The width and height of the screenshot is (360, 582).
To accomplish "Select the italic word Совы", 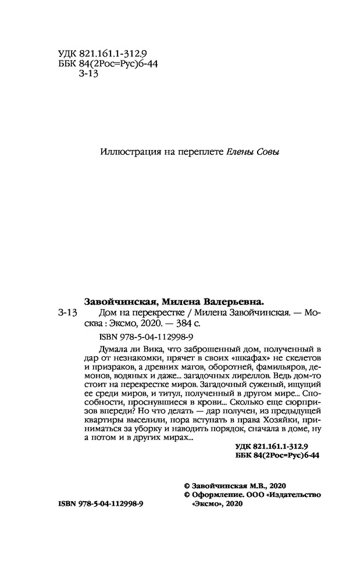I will (269, 152).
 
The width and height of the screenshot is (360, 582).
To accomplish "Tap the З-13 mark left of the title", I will (68, 313).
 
